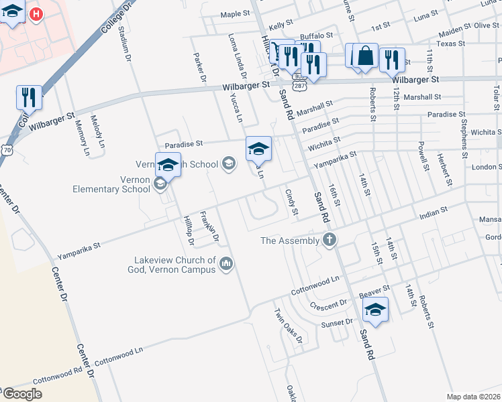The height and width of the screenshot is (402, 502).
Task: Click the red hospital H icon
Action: pyautogui.click(x=38, y=13)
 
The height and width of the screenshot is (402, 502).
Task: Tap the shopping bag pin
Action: pyautogui.click(x=366, y=57)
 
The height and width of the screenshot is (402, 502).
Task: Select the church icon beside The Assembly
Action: pyautogui.click(x=329, y=239)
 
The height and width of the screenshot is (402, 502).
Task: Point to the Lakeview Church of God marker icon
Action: pyautogui.click(x=226, y=265)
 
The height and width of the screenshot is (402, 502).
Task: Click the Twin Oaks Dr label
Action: pyautogui.click(x=287, y=326)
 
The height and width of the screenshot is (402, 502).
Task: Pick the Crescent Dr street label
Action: pyautogui.click(x=328, y=304)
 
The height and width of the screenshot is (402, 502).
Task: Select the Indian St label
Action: pyautogui.click(x=434, y=212)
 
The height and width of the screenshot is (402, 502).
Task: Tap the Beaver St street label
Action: pyautogui.click(x=374, y=289)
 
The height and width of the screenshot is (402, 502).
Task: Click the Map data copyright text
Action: pyautogui.click(x=474, y=396)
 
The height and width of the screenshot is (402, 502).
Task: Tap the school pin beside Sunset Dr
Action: pyautogui.click(x=375, y=310)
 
